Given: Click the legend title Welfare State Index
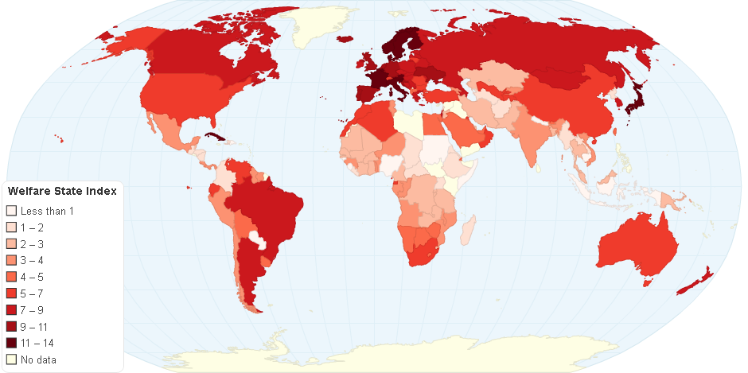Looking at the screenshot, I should [62, 191].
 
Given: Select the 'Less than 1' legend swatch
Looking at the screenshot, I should [11, 211].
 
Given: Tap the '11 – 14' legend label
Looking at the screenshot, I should [37, 343].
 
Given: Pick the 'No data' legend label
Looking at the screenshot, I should [38, 359].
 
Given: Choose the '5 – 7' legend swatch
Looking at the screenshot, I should [11, 293].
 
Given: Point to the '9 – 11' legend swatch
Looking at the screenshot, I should [11, 326].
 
